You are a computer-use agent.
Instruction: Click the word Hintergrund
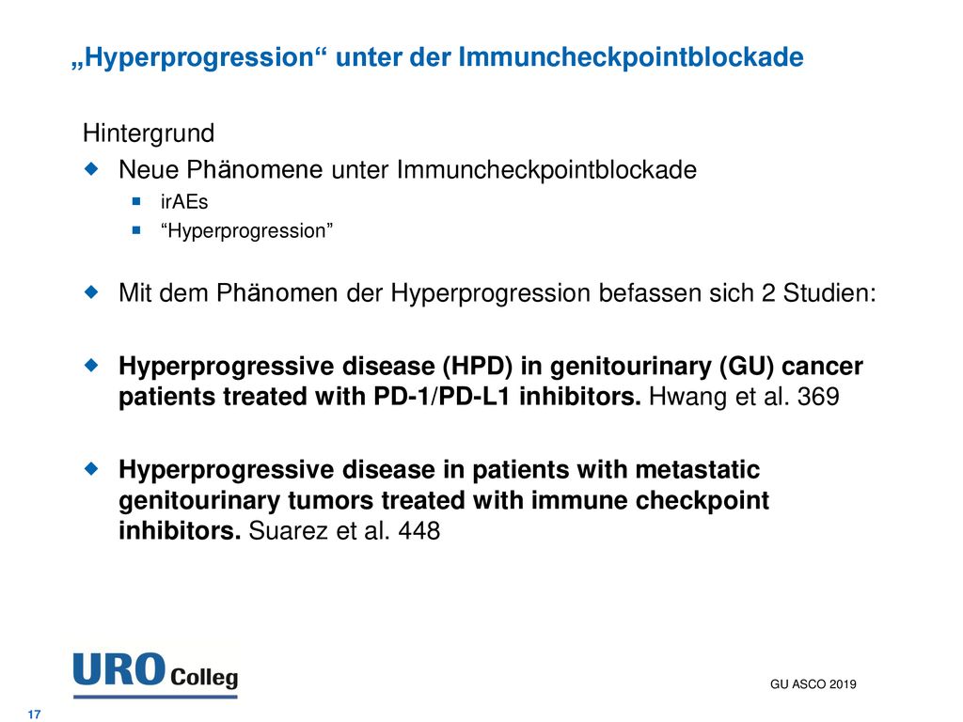[149, 133]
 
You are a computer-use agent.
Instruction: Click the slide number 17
[35, 714]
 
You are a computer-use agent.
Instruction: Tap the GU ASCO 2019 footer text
[813, 684]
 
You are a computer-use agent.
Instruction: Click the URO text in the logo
[119, 669]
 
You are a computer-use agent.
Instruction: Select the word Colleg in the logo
[204, 678]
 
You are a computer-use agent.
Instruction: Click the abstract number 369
[818, 397]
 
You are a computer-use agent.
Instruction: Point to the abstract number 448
[418, 531]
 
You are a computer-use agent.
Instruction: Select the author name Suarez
[289, 531]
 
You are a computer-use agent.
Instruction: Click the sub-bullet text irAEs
[184, 201]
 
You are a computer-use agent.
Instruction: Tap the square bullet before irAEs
[136, 201]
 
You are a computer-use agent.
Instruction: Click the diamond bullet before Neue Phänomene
[91, 168]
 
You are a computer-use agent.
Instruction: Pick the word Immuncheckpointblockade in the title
[631, 57]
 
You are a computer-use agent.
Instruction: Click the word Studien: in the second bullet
[829, 293]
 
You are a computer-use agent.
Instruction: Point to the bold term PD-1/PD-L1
[442, 397]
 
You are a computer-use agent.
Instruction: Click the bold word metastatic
[698, 470]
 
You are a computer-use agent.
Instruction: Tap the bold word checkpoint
[702, 501]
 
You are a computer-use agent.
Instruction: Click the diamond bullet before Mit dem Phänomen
[91, 291]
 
